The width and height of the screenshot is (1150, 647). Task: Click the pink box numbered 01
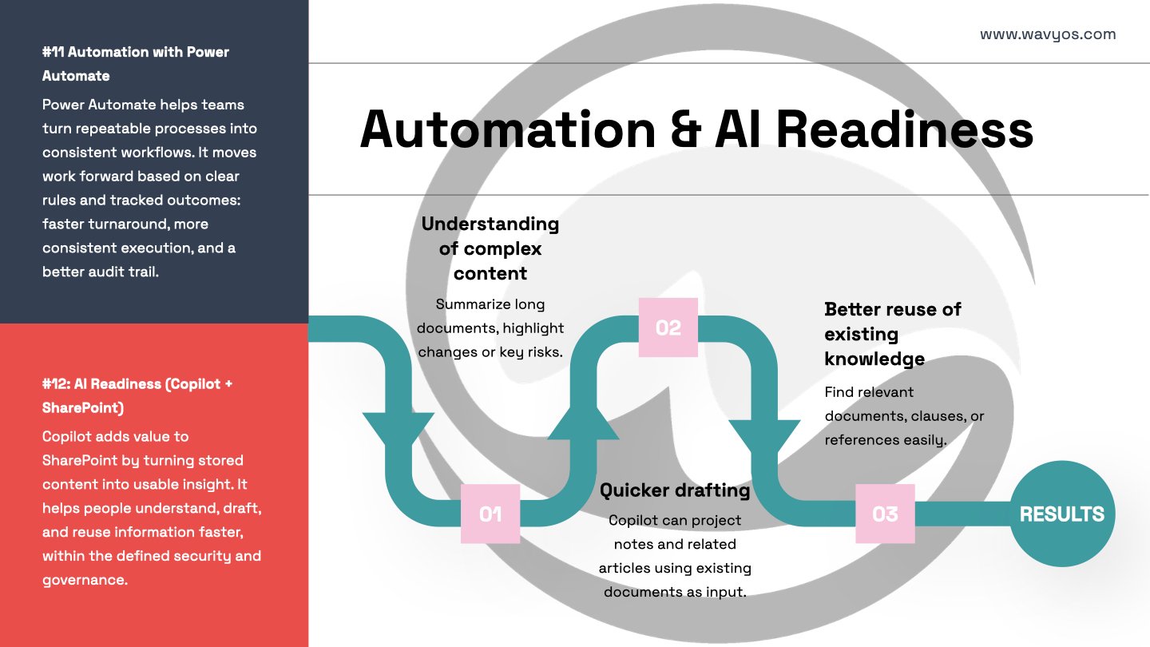[x=490, y=514]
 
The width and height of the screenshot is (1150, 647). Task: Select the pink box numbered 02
[x=668, y=327]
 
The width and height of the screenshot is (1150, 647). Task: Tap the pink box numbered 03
[x=885, y=514]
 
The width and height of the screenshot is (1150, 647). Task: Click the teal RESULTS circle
[x=1061, y=514]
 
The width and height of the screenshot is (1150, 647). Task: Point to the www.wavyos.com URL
[x=1048, y=34]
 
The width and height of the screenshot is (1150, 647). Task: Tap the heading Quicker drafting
[x=675, y=490]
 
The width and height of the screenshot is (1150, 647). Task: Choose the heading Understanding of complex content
[x=490, y=248]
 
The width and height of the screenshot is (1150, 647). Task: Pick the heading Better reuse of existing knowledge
[x=892, y=334]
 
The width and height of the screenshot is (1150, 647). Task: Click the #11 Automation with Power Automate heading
[x=136, y=64]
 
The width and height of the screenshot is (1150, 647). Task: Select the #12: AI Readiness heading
[x=137, y=395]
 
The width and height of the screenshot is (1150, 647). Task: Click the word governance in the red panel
[x=85, y=580]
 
